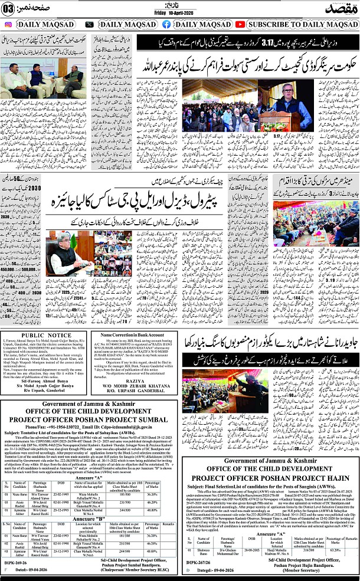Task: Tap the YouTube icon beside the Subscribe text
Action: coord(240,24)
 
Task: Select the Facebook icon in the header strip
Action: coord(166,24)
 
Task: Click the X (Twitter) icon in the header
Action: coord(89,24)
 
